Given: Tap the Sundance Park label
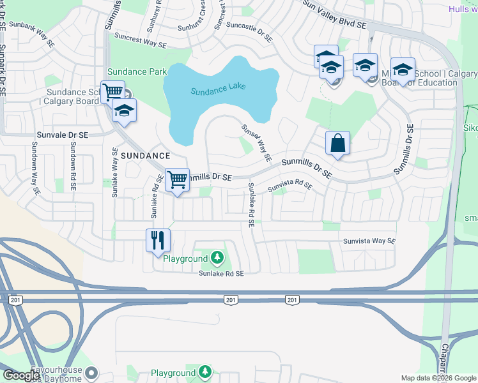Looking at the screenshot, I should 137,71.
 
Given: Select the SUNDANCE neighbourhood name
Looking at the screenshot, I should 146,155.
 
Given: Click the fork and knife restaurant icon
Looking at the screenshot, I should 158,241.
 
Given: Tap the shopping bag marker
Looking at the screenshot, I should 337,143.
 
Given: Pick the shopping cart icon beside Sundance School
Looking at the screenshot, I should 112,91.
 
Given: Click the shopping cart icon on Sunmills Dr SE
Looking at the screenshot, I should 177,179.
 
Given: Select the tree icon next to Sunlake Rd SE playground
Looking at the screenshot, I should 218,258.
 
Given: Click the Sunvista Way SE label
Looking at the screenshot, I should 369,241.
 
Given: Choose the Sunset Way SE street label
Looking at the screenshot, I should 257,142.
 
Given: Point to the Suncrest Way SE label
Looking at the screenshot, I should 140,40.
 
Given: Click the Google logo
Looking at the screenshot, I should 20,375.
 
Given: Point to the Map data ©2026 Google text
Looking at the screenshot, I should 439,378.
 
